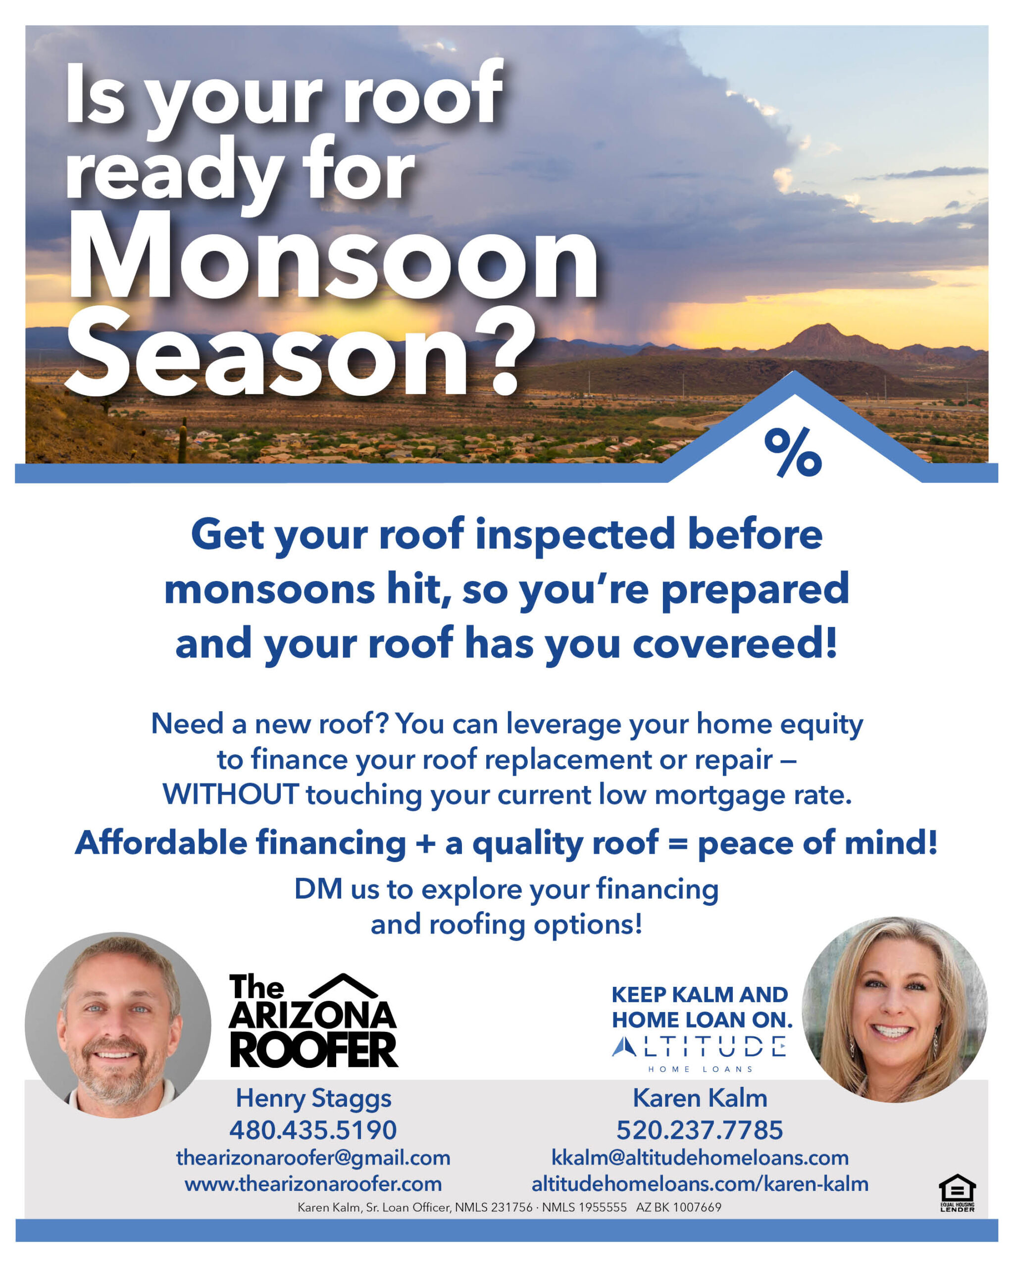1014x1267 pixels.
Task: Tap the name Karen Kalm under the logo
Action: (700, 1098)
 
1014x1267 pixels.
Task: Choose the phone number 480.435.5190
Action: (313, 1130)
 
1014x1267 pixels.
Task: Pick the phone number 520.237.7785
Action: (700, 1130)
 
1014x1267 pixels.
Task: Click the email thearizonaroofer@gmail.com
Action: (313, 1158)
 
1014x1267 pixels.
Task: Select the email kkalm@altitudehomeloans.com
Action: (700, 1158)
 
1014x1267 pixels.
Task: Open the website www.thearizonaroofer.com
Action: (313, 1183)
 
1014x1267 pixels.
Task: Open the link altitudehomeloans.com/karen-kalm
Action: (700, 1183)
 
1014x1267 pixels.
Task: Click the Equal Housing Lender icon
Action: (957, 1192)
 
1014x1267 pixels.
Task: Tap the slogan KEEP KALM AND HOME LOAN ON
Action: (702, 1007)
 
